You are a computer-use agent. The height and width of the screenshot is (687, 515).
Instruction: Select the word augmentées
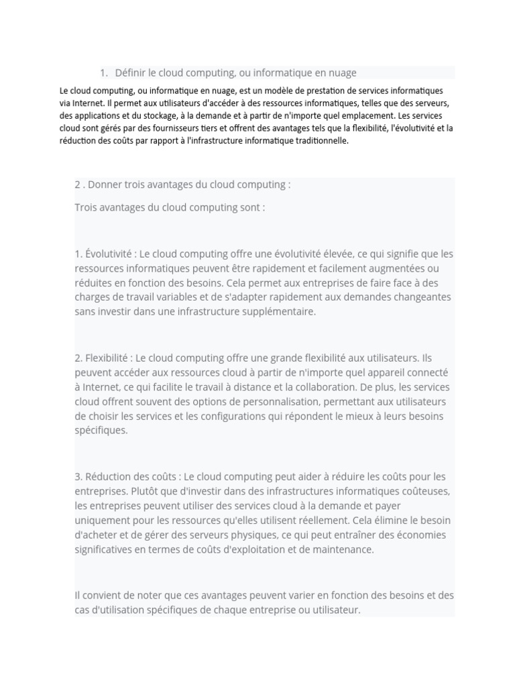(x=395, y=268)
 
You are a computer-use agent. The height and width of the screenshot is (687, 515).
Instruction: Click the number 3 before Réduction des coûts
(x=78, y=477)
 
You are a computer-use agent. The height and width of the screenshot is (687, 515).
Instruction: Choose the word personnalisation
(x=264, y=401)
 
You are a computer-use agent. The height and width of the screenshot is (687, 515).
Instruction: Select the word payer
(x=386, y=505)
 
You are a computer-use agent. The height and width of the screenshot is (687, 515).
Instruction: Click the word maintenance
(x=342, y=549)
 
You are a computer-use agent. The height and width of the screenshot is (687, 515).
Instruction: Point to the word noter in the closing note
(x=148, y=595)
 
